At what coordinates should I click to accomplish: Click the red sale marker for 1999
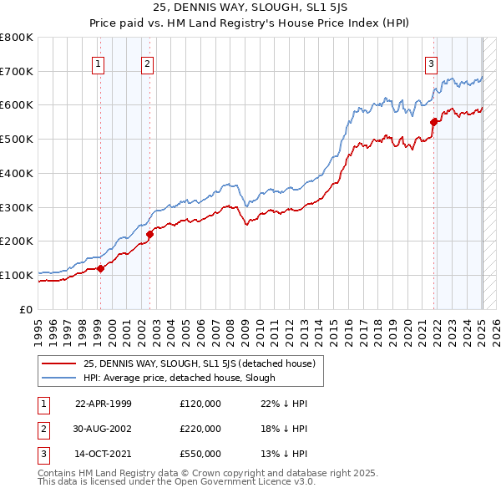coord(100,268)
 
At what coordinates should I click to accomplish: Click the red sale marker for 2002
coord(149,235)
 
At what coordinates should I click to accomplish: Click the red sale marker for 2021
coord(434,122)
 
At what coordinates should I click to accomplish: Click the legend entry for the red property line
coord(198,363)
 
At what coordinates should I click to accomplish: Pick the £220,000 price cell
coord(200,429)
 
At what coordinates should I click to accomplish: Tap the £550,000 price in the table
coord(200,454)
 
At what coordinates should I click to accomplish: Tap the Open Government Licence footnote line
coord(176,481)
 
